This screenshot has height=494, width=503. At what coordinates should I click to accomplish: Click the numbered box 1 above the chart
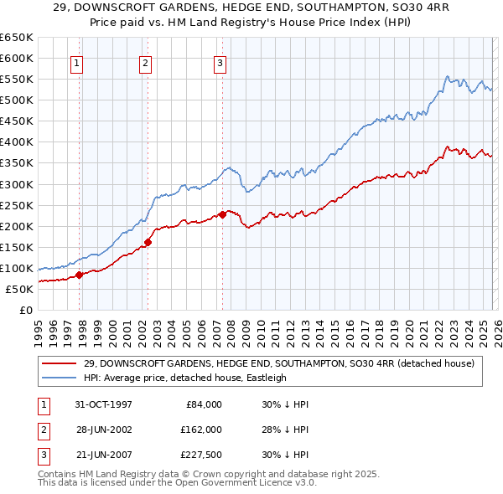pos(76,62)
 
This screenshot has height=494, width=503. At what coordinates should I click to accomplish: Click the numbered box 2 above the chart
pos(145,62)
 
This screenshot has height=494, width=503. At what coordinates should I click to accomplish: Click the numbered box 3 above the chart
pos(220,62)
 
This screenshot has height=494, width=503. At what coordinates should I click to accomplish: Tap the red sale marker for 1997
pos(80,275)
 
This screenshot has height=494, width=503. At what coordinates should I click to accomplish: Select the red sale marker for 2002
pos(148,242)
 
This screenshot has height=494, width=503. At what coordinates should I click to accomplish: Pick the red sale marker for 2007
pos(222,214)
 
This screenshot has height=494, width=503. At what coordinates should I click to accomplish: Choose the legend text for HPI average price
pos(185,378)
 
